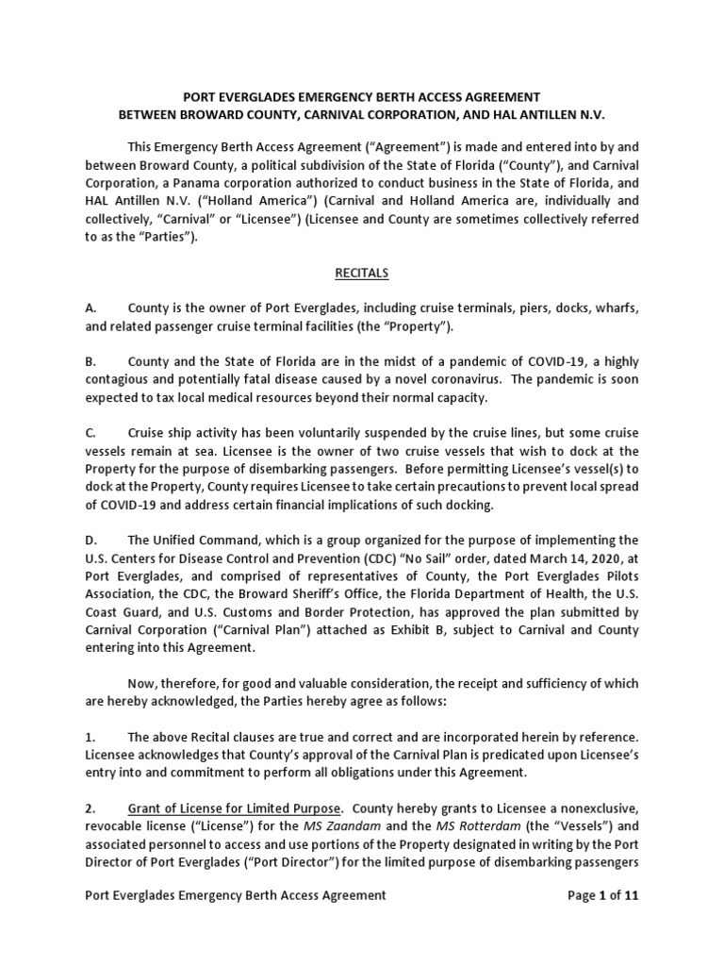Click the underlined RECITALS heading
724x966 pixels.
[x=362, y=274]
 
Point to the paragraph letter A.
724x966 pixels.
[x=90, y=308]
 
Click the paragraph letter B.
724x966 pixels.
[x=90, y=361]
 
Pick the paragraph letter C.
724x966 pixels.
[x=90, y=433]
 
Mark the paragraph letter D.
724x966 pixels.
[x=90, y=540]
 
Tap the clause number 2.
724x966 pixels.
[x=90, y=808]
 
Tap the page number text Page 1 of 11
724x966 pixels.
[x=599, y=895]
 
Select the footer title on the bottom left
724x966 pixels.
[x=236, y=895]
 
